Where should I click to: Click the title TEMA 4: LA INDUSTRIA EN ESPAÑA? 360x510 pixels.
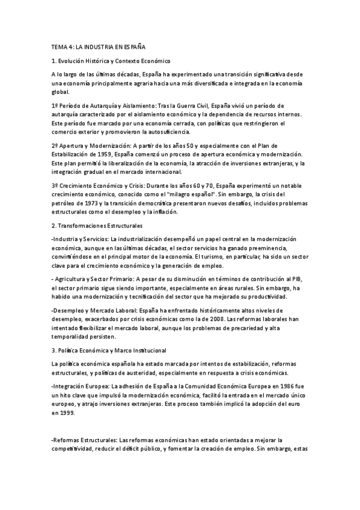[x=99, y=46]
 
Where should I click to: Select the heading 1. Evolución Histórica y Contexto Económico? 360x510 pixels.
[x=112, y=61]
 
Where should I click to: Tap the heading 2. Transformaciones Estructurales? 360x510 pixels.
[x=97, y=226]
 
